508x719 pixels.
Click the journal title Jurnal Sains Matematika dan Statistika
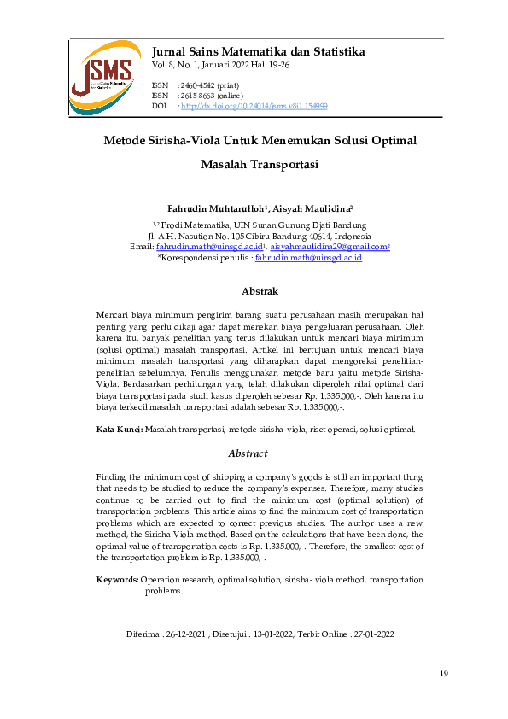(x=258, y=51)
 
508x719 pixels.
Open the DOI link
(x=254, y=107)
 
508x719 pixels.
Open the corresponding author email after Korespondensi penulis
(x=308, y=256)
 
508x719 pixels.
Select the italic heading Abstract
(x=248, y=453)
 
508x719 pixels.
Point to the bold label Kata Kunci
(x=119, y=429)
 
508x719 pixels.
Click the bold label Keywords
(x=118, y=580)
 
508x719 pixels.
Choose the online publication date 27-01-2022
(x=374, y=634)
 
